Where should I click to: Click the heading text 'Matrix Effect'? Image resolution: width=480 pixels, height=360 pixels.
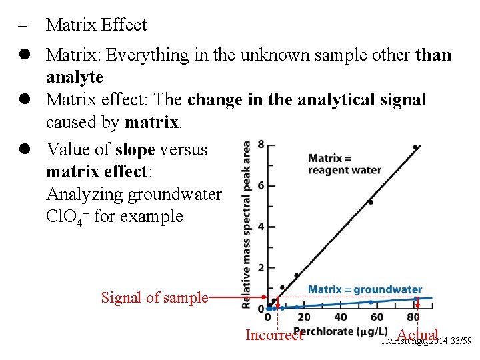pyautogui.click(x=96, y=25)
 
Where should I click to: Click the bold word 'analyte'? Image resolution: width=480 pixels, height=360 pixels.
pyautogui.click(x=74, y=77)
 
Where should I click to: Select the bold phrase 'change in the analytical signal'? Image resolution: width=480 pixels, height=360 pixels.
pyautogui.click(x=307, y=100)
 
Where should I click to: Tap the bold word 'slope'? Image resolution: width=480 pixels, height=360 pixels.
pyautogui.click(x=135, y=150)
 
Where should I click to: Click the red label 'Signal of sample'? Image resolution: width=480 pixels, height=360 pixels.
pyautogui.click(x=154, y=297)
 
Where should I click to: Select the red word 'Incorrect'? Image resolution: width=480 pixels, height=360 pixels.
pyautogui.click(x=274, y=335)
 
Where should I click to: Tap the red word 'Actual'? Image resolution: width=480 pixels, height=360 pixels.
pyautogui.click(x=417, y=335)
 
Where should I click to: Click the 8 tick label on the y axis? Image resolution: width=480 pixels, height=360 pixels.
pyautogui.click(x=261, y=144)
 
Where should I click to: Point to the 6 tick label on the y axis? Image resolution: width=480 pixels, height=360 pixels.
pyautogui.click(x=261, y=185)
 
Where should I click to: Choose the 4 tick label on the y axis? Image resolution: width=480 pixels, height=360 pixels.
pyautogui.click(x=261, y=227)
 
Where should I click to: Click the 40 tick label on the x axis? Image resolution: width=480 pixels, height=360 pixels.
pyautogui.click(x=341, y=317)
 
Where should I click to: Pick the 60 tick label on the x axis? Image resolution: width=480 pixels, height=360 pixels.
pyautogui.click(x=377, y=317)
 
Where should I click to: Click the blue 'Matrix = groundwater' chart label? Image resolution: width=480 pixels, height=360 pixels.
pyautogui.click(x=365, y=289)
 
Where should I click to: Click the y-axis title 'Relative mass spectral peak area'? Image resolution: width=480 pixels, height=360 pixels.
pyautogui.click(x=247, y=223)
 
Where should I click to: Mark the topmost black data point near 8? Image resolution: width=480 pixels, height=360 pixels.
pyautogui.click(x=415, y=147)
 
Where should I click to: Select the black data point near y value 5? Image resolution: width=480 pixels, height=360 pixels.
pyautogui.click(x=370, y=201)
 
